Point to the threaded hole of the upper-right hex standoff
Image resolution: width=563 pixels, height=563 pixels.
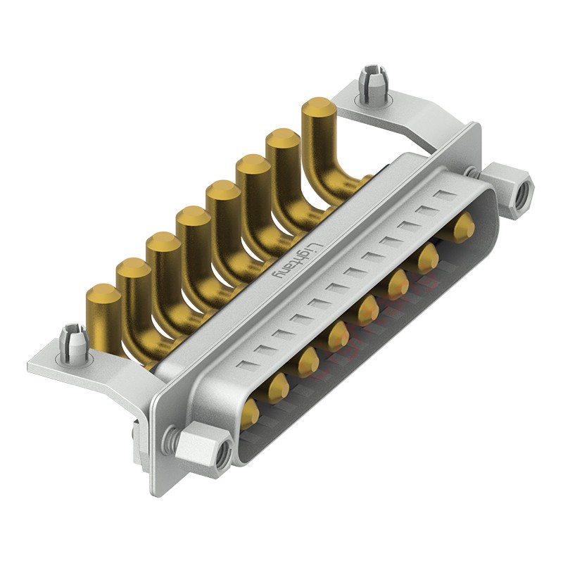pyautogui.click(x=521, y=189)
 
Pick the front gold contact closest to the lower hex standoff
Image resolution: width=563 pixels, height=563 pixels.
pyautogui.click(x=250, y=414)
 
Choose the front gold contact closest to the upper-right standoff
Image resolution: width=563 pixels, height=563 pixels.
pyautogui.click(x=462, y=228)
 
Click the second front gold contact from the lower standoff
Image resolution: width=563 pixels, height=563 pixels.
pyautogui.click(x=277, y=384)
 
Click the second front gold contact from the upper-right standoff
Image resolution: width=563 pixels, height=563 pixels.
pyautogui.click(x=428, y=258)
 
